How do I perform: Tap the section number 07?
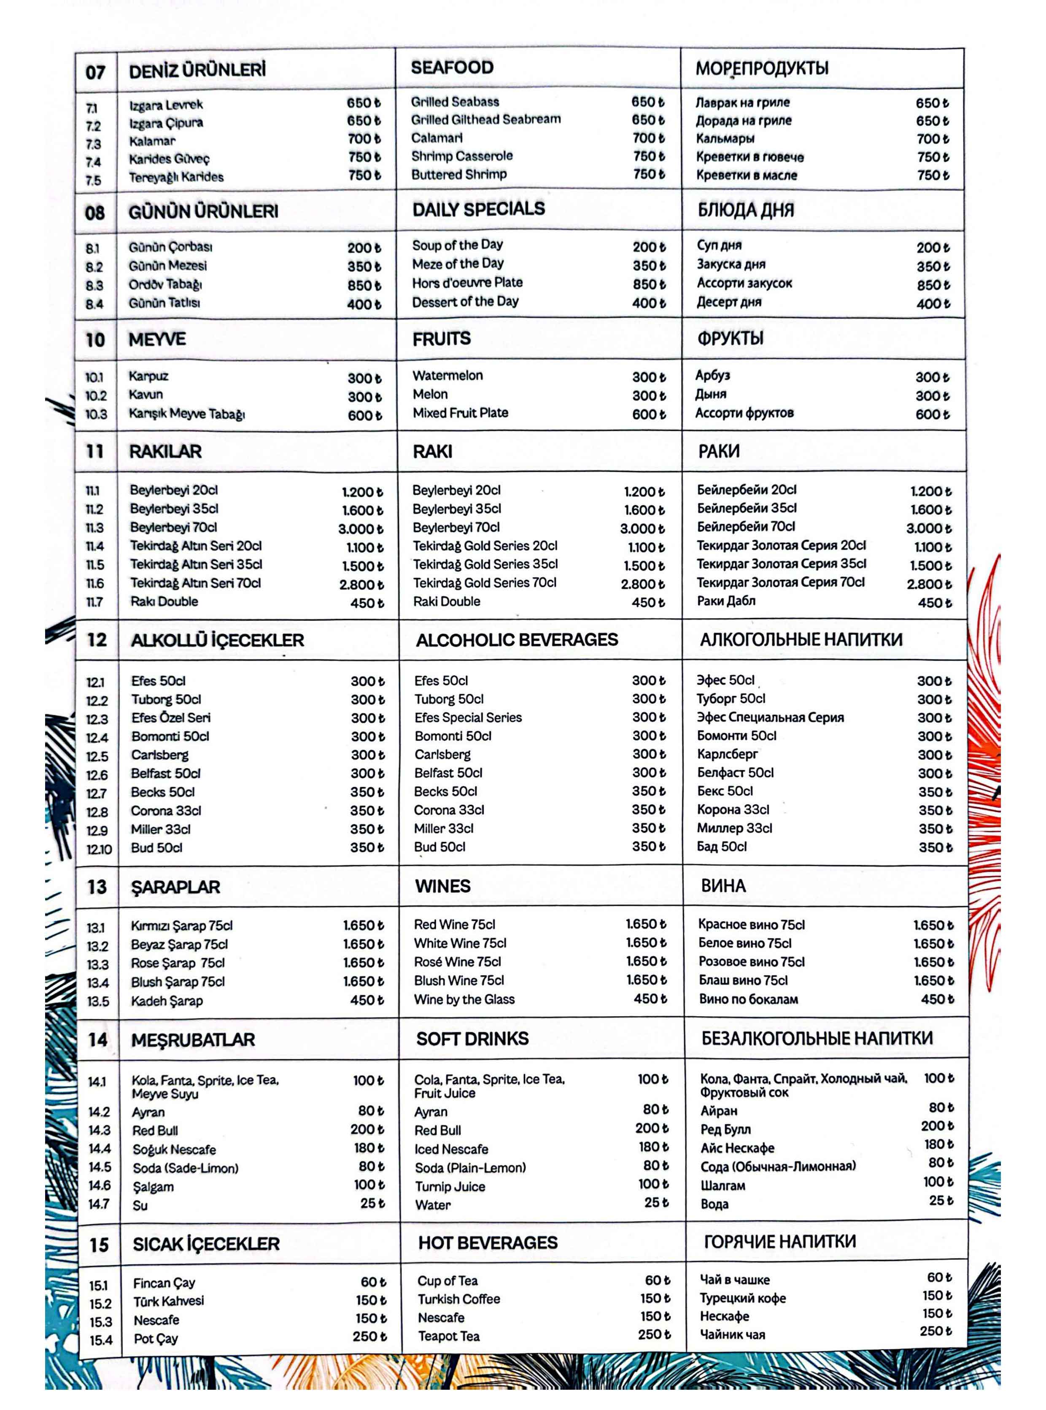pyautogui.click(x=96, y=72)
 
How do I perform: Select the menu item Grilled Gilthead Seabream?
pyautogui.click(x=485, y=119)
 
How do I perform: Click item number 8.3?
pyautogui.click(x=94, y=286)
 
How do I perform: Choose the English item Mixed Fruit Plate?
pyautogui.click(x=460, y=413)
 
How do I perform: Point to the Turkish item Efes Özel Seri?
pyautogui.click(x=171, y=718)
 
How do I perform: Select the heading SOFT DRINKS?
pyautogui.click(x=472, y=1039)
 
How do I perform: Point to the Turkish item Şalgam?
pyautogui.click(x=153, y=1187)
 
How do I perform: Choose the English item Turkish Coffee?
pyautogui.click(x=458, y=1299)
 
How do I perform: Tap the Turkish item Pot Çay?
pyautogui.click(x=156, y=1338)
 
